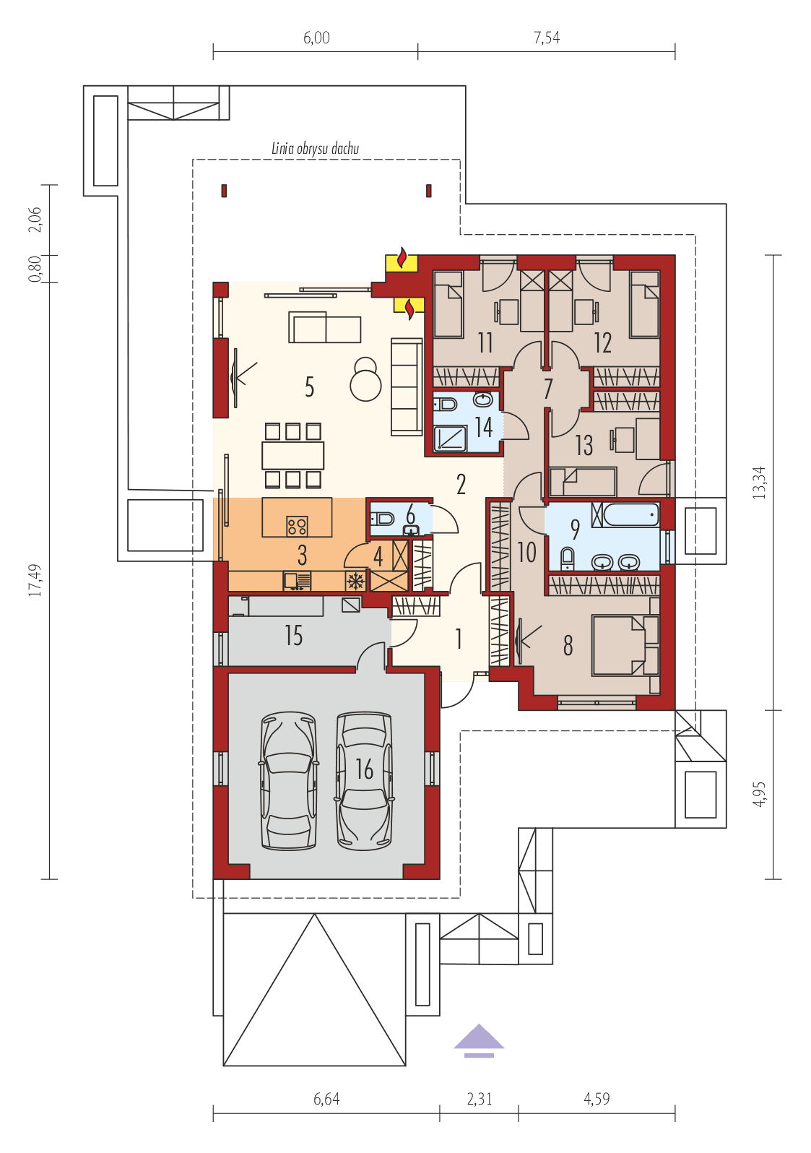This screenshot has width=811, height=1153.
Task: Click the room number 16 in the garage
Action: point(365,769)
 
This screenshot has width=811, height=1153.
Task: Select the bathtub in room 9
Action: point(631,516)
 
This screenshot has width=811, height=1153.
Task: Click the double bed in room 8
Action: point(625,644)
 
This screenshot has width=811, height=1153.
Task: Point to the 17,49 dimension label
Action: point(35,580)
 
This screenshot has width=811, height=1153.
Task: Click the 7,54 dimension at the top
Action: point(547,38)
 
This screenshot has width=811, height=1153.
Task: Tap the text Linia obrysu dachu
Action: point(316,149)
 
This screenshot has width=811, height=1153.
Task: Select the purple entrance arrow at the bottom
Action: point(479,1038)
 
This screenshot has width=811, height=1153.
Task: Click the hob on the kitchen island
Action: point(297,525)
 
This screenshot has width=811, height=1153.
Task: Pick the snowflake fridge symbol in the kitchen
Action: point(355,582)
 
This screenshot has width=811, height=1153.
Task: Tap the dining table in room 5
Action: point(292,455)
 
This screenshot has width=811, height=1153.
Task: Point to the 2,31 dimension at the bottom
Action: point(479,1099)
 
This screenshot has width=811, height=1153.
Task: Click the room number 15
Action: point(293,636)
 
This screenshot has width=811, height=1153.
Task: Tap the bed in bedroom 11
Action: point(448,303)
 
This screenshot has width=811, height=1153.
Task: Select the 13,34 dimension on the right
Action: point(758,483)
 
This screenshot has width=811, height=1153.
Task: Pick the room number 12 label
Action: point(602,342)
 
